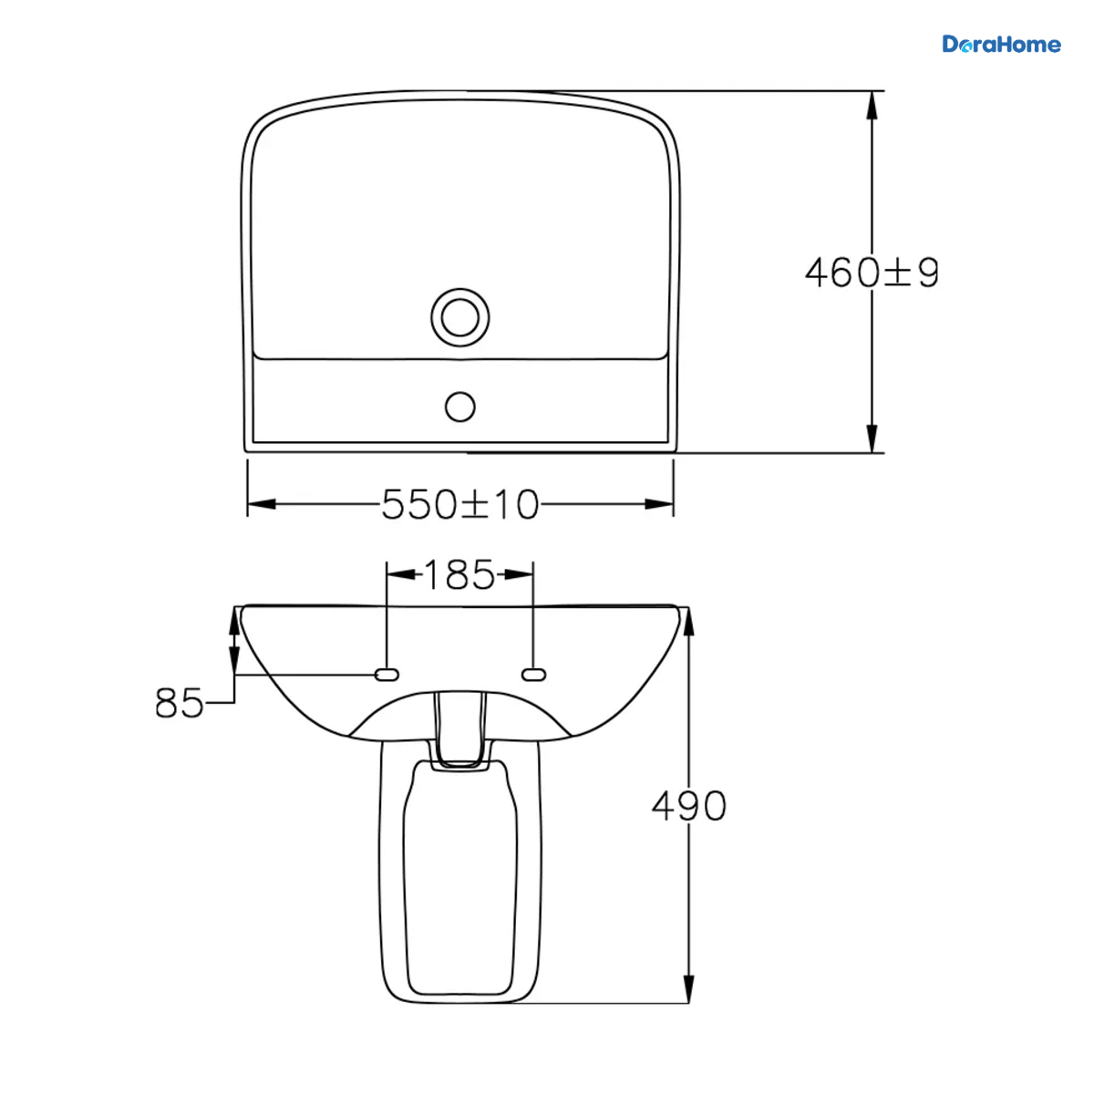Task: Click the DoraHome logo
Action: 1001,45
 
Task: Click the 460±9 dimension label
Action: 872,273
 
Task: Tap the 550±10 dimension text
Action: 459,504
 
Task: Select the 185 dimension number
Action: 459,574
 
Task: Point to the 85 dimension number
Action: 179,703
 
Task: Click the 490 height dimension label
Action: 688,806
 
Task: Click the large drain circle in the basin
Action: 459,317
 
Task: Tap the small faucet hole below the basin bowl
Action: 459,407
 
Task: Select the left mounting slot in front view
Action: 387,675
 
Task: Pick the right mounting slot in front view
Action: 533,675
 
